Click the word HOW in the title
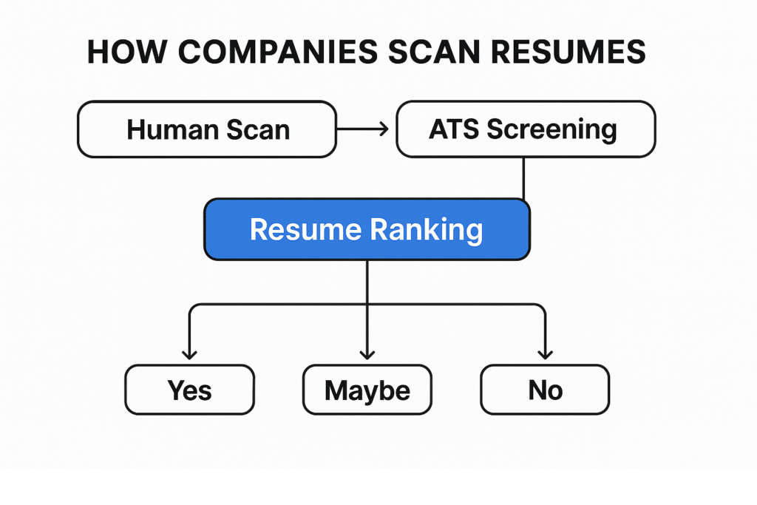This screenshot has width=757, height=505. pos(127,52)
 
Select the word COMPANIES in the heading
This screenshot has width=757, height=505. pos(278,52)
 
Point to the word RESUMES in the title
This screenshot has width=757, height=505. pos(568,52)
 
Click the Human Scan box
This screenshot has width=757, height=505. pos(207,129)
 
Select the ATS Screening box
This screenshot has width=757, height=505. pos(526,129)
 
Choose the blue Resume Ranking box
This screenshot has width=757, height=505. pos(367,229)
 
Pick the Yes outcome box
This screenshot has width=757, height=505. pos(190,390)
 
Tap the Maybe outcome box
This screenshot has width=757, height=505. pos(367,390)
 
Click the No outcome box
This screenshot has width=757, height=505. pos(545,390)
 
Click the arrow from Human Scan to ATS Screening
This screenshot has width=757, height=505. pos(362,129)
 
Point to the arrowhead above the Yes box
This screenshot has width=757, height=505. pos(190,355)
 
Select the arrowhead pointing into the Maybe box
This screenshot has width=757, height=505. pos(367,355)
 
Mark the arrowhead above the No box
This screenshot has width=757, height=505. pos(545,355)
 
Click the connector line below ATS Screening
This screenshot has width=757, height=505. pos(524,178)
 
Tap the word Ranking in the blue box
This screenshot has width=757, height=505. pos(427,230)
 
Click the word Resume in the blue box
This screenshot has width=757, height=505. pos(305,229)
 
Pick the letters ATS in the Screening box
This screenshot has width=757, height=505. pos(455,129)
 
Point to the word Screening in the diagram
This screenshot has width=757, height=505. pos(551,130)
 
